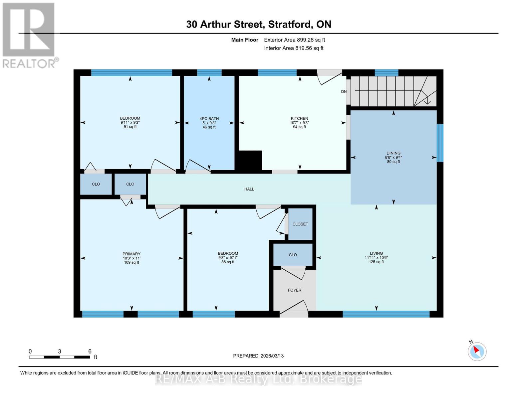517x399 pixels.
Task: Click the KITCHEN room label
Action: click(x=299, y=118)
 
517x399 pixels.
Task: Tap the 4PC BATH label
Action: click(x=209, y=119)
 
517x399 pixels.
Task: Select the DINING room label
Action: click(x=393, y=153)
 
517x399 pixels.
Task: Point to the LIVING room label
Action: click(x=376, y=253)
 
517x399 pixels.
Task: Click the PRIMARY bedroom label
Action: click(x=131, y=254)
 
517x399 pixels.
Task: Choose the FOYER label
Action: click(x=294, y=290)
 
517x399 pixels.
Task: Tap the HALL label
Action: click(x=249, y=189)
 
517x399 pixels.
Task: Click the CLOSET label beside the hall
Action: click(x=300, y=224)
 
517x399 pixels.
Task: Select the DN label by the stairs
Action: click(x=344, y=92)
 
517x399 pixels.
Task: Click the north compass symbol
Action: click(x=477, y=351)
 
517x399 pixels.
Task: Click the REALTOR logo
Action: click(x=29, y=35)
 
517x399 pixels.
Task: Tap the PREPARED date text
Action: click(x=258, y=356)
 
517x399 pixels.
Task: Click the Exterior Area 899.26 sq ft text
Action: click(x=294, y=40)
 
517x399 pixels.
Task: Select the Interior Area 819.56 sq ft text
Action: click(x=294, y=48)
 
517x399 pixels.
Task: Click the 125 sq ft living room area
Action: click(x=376, y=262)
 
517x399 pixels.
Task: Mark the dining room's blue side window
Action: click(x=440, y=143)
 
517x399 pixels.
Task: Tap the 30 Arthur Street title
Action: click(x=258, y=24)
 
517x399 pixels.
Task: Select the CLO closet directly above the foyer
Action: click(x=293, y=255)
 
